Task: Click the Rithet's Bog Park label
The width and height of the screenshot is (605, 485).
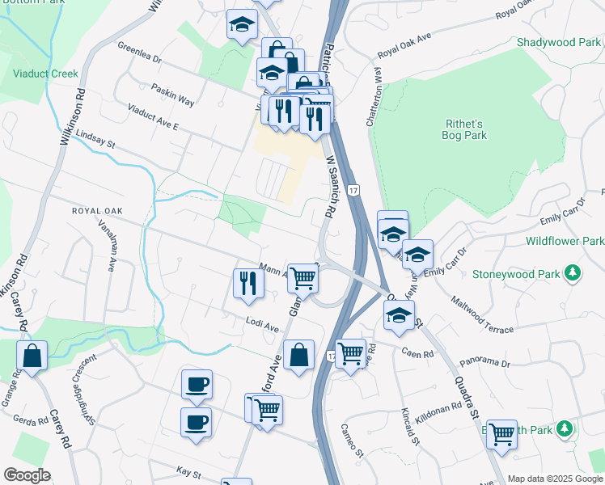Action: click(466, 129)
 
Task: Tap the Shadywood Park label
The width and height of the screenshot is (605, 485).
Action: click(557, 42)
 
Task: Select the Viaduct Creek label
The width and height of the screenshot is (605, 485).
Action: click(45, 74)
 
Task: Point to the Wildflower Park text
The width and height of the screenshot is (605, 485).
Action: click(565, 241)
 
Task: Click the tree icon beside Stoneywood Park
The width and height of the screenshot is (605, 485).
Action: click(573, 272)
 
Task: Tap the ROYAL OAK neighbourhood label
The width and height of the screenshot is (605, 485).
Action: click(96, 211)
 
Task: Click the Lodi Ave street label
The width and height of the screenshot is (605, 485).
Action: click(262, 326)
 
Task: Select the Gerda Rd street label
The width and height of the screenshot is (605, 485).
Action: click(30, 420)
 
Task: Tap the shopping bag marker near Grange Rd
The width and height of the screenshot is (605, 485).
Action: click(32, 356)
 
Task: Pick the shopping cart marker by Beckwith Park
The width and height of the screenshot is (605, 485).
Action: click(501, 434)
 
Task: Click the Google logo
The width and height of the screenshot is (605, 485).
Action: click(27, 475)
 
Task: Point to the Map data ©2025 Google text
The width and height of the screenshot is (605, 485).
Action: click(554, 479)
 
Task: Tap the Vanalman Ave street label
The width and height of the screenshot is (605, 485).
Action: click(108, 245)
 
